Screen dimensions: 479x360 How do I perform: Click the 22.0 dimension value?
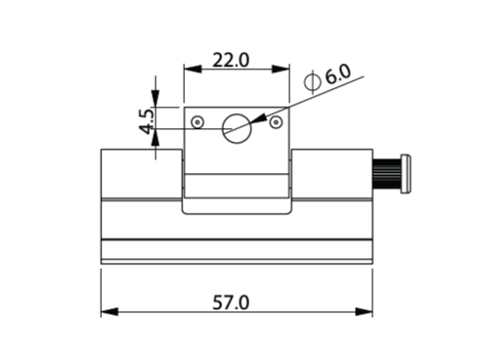coord(231,61)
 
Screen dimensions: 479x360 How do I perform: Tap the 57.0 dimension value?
coord(231,302)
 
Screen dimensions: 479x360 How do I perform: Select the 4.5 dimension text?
coord(147,121)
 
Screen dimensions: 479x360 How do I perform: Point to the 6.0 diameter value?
coord(338,74)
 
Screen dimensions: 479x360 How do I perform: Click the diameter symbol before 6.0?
coord(312,81)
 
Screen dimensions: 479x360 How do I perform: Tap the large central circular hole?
coord(237,128)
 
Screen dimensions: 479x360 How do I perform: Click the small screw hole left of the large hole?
coord(197,122)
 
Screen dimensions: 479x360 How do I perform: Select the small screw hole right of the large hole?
coord(277,122)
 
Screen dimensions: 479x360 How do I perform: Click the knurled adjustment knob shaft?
coord(387,174)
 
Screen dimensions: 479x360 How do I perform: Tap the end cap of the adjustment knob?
coord(406,174)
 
